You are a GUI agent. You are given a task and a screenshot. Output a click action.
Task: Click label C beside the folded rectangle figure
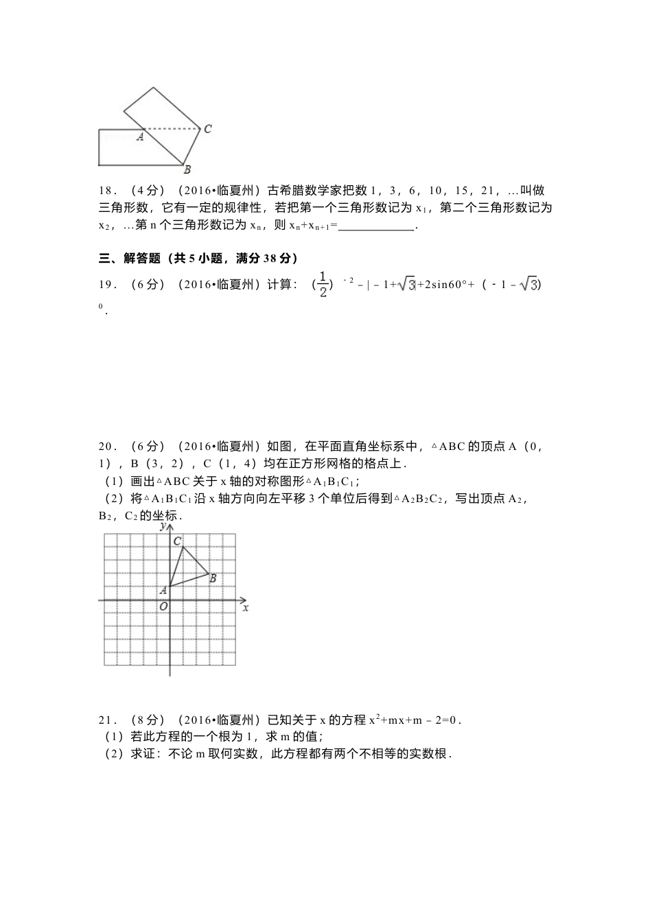coord(207,128)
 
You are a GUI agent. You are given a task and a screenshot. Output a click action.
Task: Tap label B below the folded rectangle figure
coord(187,169)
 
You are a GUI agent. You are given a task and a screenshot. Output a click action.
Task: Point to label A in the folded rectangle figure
coord(140,137)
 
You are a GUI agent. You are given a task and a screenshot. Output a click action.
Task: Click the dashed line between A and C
coord(172,128)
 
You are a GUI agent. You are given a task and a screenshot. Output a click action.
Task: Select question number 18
coord(108,191)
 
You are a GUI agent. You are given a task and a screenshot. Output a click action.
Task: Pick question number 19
coord(108,284)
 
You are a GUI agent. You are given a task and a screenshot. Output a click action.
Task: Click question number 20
coord(108,447)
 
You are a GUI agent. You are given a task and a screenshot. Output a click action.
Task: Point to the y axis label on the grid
coord(163,526)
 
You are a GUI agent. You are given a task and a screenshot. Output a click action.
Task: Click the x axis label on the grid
coord(245,607)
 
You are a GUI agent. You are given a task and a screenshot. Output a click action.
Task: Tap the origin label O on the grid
coord(163,606)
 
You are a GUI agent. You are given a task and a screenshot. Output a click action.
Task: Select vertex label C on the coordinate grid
coord(177,541)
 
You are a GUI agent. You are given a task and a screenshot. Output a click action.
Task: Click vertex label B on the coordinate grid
coord(213,578)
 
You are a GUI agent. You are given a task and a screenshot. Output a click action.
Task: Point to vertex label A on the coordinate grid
coord(163,590)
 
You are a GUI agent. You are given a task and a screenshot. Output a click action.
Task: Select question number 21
coord(108,720)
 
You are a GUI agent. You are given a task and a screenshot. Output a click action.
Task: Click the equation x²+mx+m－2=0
coord(415,720)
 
